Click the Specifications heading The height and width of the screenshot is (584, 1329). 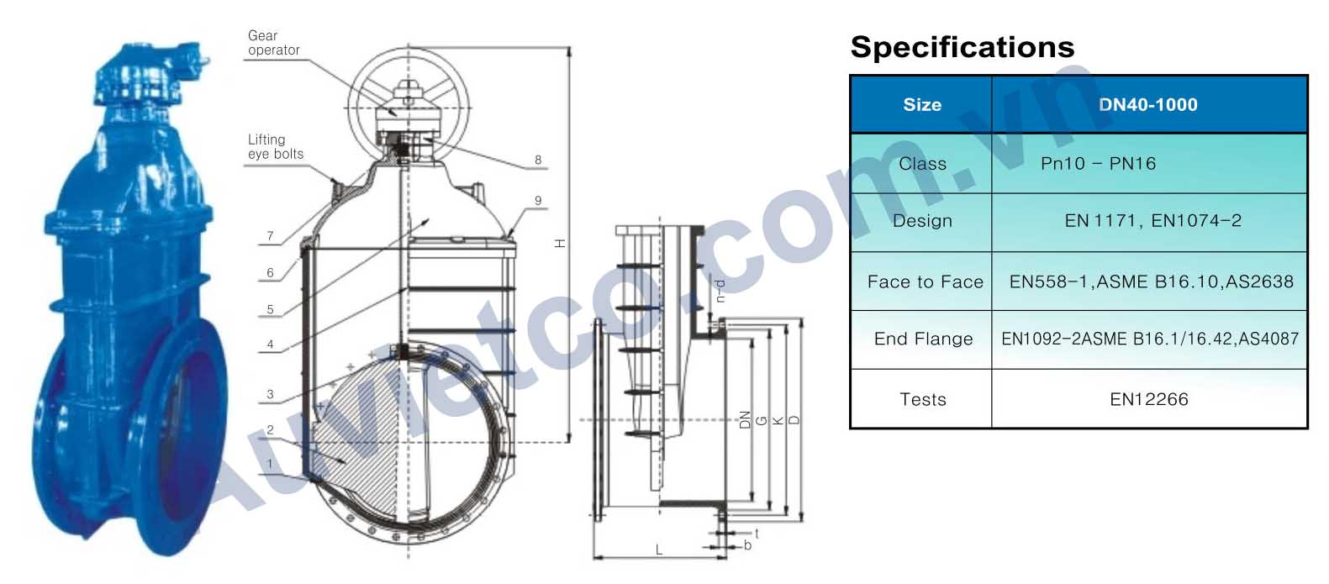pos(962,47)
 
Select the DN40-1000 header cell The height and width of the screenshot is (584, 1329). pos(1147,105)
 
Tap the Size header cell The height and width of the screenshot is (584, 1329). pos(921,105)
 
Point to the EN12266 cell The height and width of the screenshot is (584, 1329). pos(1148,399)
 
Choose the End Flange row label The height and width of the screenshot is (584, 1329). pos(923,339)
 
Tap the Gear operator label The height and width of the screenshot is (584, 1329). pos(273,43)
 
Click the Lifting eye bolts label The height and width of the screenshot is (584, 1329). pos(275,147)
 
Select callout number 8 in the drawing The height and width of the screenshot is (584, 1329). pos(538,160)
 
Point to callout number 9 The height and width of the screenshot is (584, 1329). pos(538,201)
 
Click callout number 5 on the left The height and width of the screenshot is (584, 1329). pos(270,309)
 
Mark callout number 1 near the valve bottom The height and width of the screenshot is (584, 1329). pos(270,464)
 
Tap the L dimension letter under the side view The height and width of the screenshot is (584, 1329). pos(658,550)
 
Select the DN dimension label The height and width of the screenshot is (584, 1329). pos(744,419)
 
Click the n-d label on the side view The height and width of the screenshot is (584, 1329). pos(720,290)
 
